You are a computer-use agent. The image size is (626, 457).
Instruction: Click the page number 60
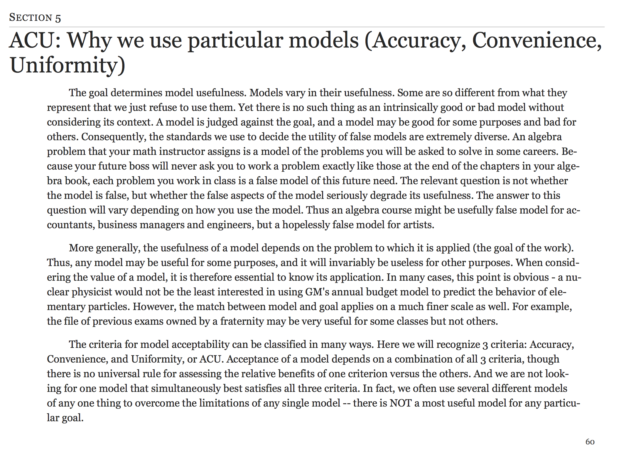(590, 442)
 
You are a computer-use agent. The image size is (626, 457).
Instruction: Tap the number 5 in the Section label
(58, 18)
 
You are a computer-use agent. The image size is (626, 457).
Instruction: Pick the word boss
(135, 166)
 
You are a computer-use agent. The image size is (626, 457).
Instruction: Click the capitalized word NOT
(401, 403)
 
